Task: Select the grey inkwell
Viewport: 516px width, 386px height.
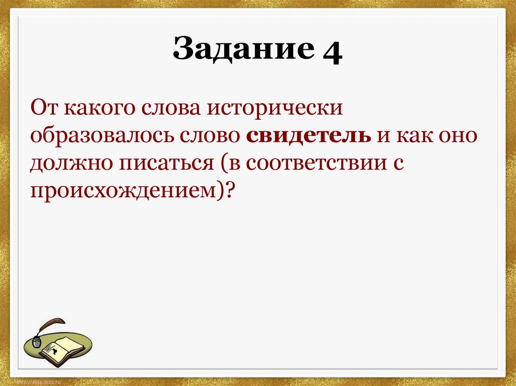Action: [x=37, y=342]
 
